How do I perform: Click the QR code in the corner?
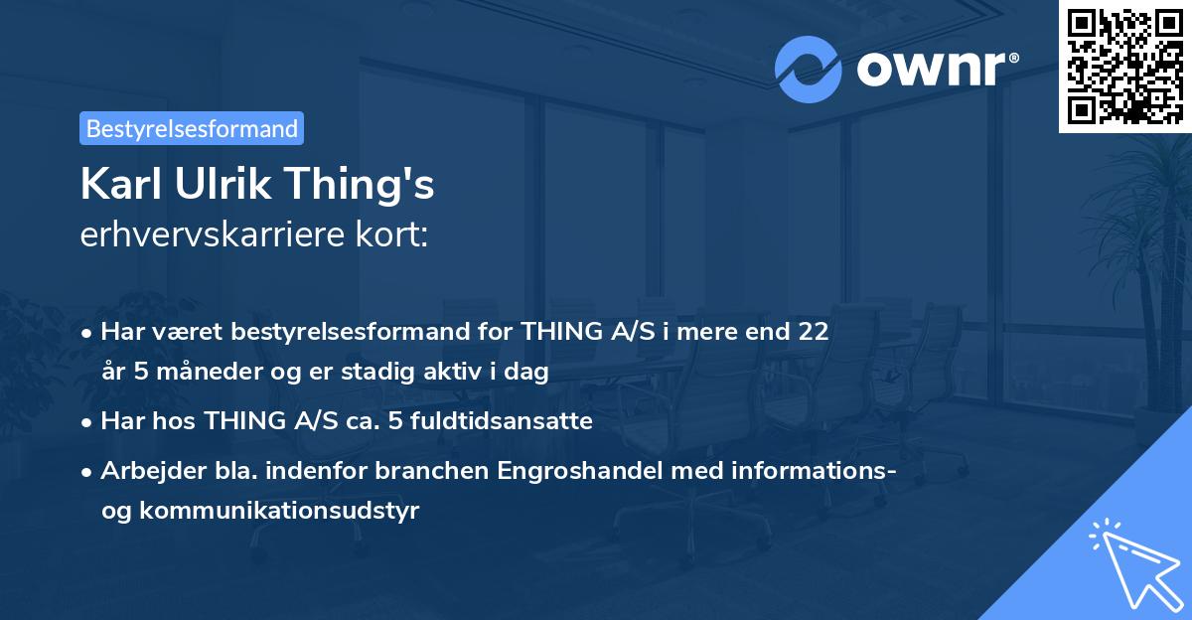click(x=1125, y=67)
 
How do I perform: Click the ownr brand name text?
click(x=938, y=68)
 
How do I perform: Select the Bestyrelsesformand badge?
click(x=192, y=128)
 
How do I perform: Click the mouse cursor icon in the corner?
click(x=1131, y=562)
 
